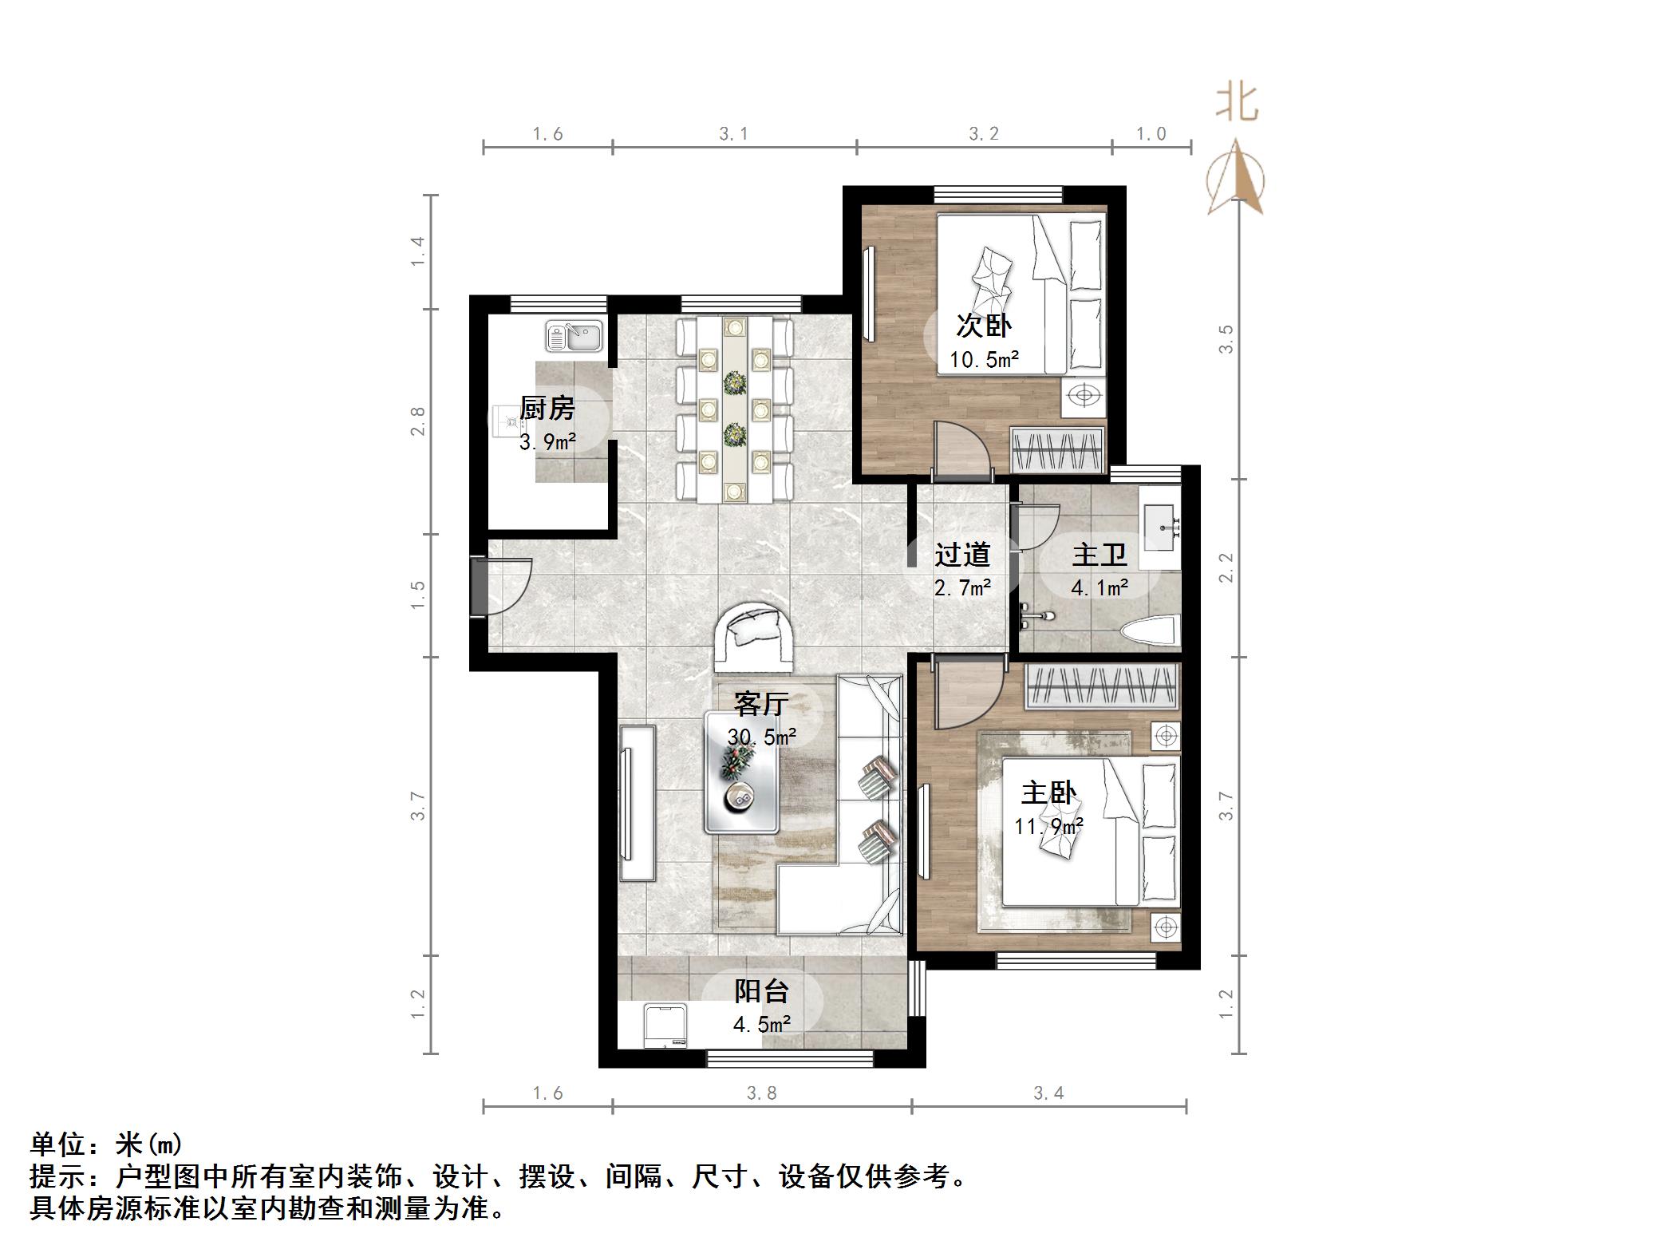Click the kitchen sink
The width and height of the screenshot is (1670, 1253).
click(574, 336)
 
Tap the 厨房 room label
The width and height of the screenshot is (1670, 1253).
click(547, 409)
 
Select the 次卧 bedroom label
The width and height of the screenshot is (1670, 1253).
click(984, 326)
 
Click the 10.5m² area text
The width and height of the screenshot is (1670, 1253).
click(984, 360)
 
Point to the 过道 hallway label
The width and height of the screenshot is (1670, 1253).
click(962, 554)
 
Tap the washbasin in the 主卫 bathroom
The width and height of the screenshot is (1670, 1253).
click(1159, 526)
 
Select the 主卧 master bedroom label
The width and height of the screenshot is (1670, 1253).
click(1048, 793)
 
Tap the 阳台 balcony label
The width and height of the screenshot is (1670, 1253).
click(762, 991)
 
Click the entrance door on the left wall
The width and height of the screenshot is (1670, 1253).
click(500, 587)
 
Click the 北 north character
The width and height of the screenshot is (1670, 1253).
click(1237, 104)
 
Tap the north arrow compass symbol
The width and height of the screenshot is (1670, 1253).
click(1236, 177)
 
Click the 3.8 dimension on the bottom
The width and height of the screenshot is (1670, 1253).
click(761, 1093)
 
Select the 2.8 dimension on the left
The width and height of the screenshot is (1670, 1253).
click(417, 421)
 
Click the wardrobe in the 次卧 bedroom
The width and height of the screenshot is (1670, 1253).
click(1057, 450)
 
